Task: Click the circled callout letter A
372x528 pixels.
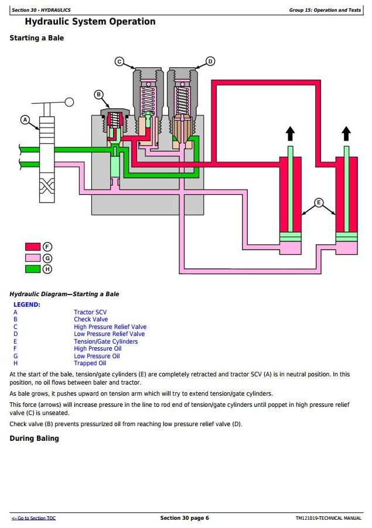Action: [x=25, y=119]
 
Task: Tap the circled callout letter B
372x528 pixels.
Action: [x=98, y=94]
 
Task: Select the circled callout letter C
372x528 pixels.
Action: [x=120, y=61]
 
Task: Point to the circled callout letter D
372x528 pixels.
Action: [x=210, y=61]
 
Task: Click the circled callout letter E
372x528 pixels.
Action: [x=319, y=203]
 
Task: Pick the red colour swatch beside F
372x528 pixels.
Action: [x=33, y=247]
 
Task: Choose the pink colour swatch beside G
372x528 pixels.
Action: [x=33, y=258]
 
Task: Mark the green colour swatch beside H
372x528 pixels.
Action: [x=33, y=269]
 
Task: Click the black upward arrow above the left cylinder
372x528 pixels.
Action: [x=290, y=133]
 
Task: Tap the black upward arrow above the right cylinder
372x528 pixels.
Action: [x=346, y=133]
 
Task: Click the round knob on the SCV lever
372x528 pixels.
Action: [x=69, y=102]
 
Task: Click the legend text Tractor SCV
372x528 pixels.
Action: [x=90, y=312]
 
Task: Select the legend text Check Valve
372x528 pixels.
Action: [x=91, y=319]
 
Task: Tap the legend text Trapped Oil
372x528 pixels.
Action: [x=90, y=364]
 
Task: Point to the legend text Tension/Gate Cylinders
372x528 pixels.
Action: [x=106, y=341]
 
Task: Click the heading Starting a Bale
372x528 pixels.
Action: [x=37, y=38]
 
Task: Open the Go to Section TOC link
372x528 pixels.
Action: [x=34, y=518]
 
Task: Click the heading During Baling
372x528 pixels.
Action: [x=35, y=438]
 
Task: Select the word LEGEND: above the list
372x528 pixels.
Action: [x=26, y=305]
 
